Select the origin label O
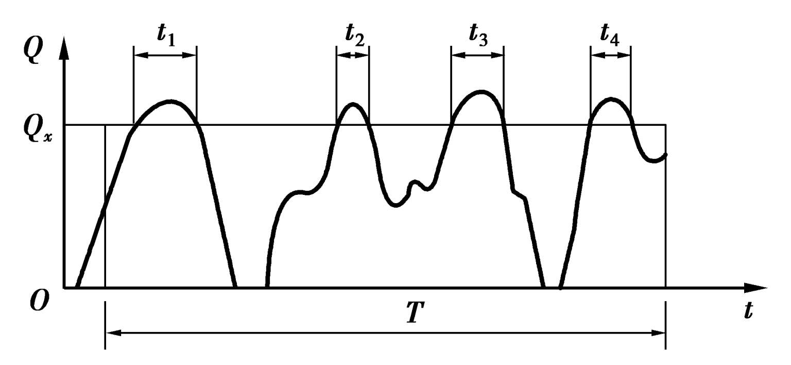[39, 300]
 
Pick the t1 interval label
[166, 35]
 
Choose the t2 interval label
[354, 35]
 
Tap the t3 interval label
[477, 35]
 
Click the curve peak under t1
[169, 101]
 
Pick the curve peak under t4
[611, 99]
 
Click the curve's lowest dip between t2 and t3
[395, 206]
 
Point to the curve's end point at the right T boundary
[666, 154]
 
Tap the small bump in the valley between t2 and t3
[415, 181]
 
